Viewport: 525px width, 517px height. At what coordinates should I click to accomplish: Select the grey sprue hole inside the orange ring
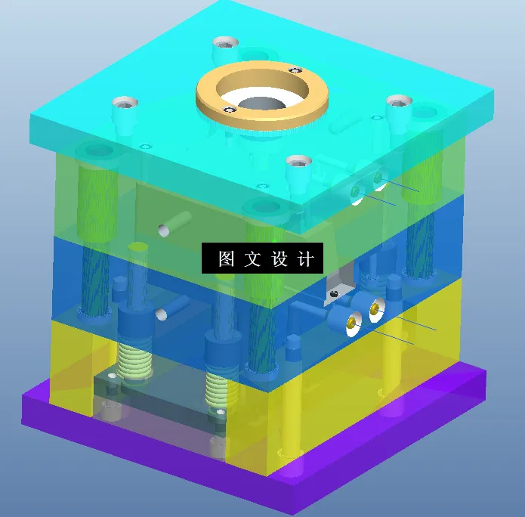coord(261,103)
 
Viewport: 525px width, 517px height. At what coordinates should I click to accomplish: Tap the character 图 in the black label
coord(226,259)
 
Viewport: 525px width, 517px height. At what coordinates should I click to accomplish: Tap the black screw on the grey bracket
coord(335,290)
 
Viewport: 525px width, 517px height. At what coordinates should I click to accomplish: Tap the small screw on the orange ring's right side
coord(293,70)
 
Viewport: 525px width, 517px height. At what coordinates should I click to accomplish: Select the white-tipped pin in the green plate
coord(163,229)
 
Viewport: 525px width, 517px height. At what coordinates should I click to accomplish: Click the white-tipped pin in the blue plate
coord(161,313)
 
